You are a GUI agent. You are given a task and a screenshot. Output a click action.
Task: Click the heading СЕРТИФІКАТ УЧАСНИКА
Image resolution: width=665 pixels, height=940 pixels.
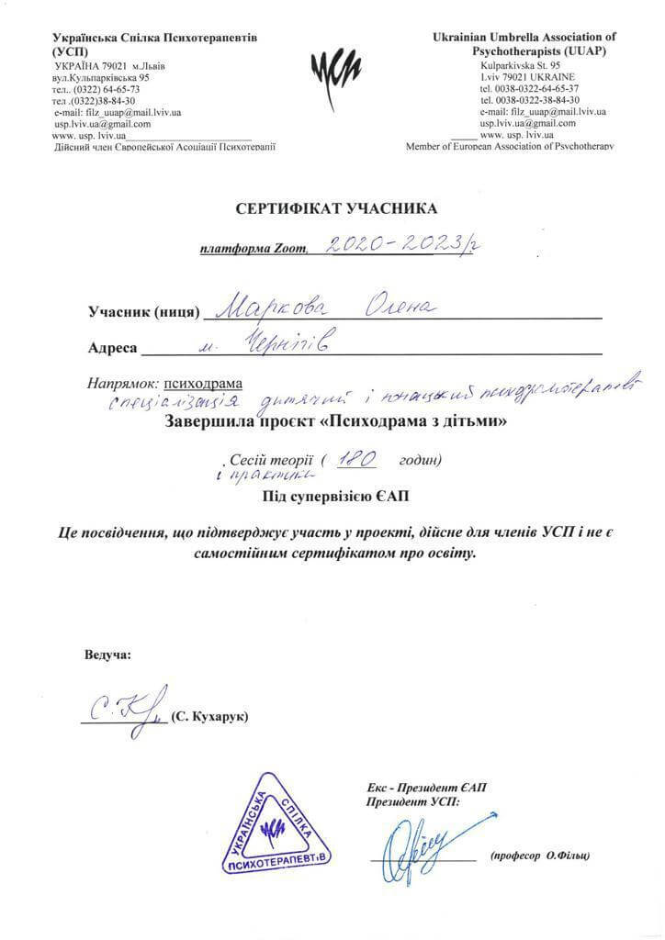(x=336, y=208)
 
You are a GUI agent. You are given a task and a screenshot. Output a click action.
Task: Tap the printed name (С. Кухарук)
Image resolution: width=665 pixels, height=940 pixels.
(x=209, y=715)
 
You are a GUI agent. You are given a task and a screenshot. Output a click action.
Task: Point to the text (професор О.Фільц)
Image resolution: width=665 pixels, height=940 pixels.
(x=540, y=855)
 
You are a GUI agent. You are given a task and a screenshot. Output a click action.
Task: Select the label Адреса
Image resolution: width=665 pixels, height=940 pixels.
(x=112, y=348)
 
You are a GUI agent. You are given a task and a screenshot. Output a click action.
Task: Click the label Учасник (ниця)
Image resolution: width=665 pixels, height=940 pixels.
(x=144, y=312)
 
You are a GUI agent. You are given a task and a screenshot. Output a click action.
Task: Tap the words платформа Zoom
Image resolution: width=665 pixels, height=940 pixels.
(x=256, y=249)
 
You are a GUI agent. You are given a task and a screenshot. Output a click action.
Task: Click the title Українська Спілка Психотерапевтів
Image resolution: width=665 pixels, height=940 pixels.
(x=155, y=38)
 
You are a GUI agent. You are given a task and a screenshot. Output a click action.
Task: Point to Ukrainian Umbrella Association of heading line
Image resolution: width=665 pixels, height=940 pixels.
(x=524, y=37)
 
